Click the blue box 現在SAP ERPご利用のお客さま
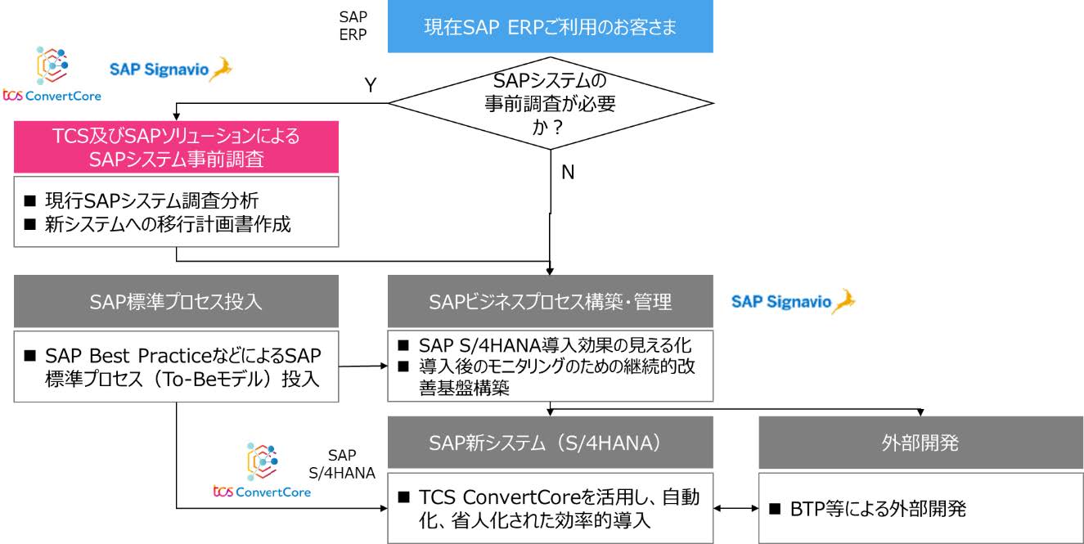coord(550,27)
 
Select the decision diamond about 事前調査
coord(550,103)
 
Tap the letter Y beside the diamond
coord(370,86)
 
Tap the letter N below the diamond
coord(567,172)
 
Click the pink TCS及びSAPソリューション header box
coord(176,147)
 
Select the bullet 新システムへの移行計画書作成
coord(168,223)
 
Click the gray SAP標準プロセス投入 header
coord(176,301)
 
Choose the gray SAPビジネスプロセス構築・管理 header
coord(550,301)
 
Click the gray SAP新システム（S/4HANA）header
coord(550,443)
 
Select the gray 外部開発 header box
coord(920,443)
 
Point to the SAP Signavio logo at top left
coord(171,70)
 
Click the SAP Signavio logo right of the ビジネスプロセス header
coord(793,301)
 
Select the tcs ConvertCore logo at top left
coord(52,74)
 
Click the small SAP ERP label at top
coord(353,26)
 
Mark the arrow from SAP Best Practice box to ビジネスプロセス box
coord(363,366)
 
